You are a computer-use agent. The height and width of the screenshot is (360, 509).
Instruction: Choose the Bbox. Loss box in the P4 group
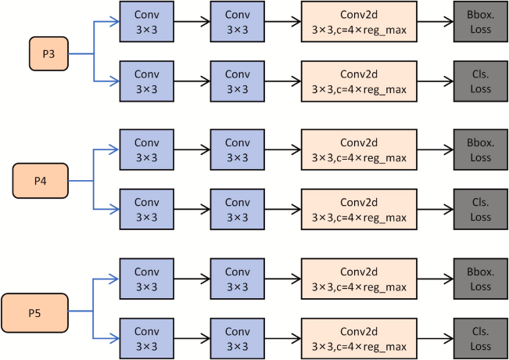click(x=481, y=151)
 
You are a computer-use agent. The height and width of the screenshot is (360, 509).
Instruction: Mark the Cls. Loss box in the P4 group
click(x=481, y=209)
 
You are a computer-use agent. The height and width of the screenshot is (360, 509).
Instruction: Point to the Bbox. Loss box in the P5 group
click(x=481, y=279)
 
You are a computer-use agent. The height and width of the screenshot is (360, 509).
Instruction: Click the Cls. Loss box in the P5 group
click(x=481, y=338)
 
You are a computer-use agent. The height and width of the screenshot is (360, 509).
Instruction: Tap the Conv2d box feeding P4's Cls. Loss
click(x=359, y=209)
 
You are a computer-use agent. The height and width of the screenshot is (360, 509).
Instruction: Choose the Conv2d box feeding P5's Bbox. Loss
click(x=359, y=279)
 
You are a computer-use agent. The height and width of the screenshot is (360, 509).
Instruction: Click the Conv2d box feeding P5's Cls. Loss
click(x=359, y=338)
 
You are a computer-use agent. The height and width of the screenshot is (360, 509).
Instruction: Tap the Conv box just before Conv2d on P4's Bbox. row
click(x=237, y=151)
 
